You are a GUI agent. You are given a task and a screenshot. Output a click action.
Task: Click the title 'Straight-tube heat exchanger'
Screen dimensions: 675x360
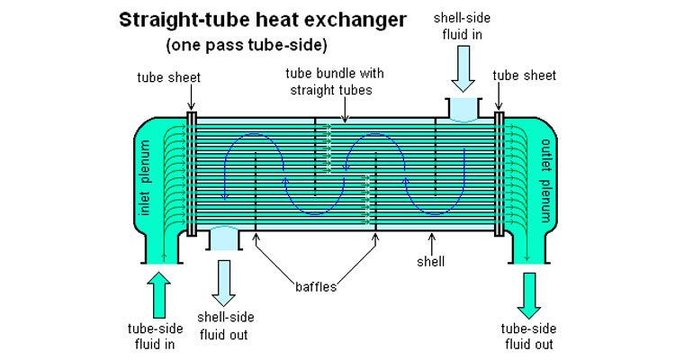click(x=263, y=21)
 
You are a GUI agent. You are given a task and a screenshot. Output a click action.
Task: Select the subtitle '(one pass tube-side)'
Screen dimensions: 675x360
click(x=247, y=45)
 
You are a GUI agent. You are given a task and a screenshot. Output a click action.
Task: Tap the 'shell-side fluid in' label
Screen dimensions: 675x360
click(x=462, y=26)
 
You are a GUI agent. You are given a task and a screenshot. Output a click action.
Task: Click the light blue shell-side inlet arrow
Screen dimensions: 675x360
click(x=463, y=69)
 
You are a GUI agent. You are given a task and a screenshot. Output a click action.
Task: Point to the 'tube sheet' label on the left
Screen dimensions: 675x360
click(x=169, y=77)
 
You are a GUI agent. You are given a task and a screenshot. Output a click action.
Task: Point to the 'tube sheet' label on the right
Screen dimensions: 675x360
click(x=525, y=76)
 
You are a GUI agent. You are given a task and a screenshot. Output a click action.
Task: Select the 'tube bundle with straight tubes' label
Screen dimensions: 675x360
click(x=335, y=81)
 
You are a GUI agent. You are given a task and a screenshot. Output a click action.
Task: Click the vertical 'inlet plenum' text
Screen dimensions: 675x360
click(x=146, y=177)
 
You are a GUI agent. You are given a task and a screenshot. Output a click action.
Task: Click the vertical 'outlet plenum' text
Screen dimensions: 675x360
click(x=545, y=180)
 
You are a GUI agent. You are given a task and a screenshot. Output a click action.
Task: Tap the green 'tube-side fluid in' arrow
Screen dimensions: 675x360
click(x=158, y=295)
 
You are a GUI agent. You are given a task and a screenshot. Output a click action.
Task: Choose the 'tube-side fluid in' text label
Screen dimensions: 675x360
click(x=155, y=337)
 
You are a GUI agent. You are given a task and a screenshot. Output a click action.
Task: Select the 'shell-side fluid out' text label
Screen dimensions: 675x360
click(x=226, y=326)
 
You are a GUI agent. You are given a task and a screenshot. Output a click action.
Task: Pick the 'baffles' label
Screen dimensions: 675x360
click(x=316, y=287)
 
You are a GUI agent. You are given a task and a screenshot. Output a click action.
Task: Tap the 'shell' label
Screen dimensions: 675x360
click(x=430, y=261)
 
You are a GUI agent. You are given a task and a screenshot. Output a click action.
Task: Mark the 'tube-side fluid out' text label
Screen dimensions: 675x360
click(x=528, y=337)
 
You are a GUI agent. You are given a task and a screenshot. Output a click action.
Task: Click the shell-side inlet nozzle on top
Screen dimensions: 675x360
click(x=463, y=110)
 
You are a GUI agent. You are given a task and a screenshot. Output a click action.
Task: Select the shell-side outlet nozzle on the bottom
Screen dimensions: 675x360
click(x=224, y=238)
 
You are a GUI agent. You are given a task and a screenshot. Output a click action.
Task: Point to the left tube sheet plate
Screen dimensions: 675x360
click(x=192, y=174)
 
